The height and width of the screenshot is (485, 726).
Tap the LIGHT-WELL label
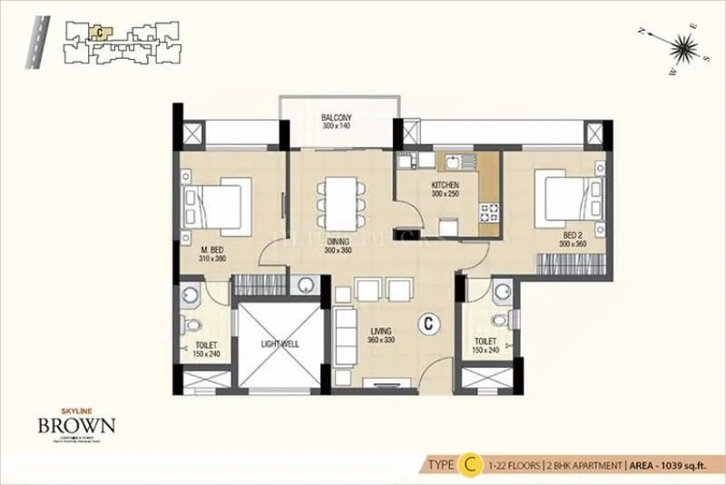click(x=280, y=344)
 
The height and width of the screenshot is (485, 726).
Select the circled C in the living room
click(x=428, y=322)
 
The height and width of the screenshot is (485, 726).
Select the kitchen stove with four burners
click(x=490, y=214)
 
